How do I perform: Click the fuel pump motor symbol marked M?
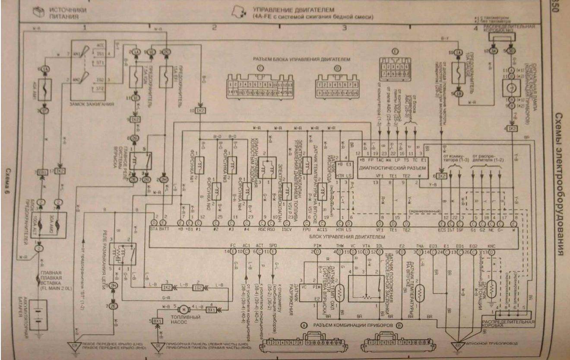point(183,309)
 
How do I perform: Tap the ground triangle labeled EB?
point(74,345)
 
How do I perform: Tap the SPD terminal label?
point(272,245)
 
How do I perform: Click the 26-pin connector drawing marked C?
point(260,86)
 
